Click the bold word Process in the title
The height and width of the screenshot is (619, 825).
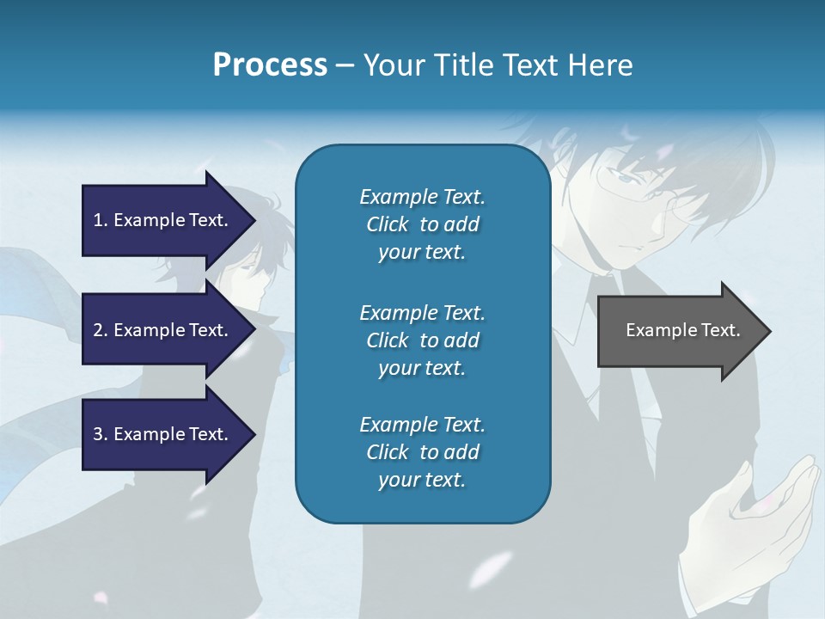pos(270,64)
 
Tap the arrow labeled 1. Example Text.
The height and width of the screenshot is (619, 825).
pos(163,220)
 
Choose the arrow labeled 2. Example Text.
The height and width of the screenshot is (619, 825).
pos(163,330)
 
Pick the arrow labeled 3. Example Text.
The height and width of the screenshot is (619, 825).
pos(163,434)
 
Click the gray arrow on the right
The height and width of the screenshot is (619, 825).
pos(679,331)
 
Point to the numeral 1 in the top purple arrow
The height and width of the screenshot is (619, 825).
pos(98,220)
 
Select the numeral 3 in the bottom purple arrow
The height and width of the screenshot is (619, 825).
pos(98,434)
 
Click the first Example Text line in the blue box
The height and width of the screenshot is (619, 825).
pos(422,197)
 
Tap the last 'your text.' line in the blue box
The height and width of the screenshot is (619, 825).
pos(422,480)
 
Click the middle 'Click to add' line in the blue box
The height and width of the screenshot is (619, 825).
pos(422,340)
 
